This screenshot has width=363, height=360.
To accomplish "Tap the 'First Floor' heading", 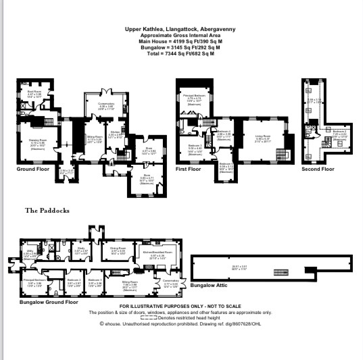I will point(192,169).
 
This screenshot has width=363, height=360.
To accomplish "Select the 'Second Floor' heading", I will point(318,169).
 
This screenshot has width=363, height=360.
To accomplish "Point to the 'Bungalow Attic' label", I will point(210,286).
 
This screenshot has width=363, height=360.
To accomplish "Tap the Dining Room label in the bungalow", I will point(118,249).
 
